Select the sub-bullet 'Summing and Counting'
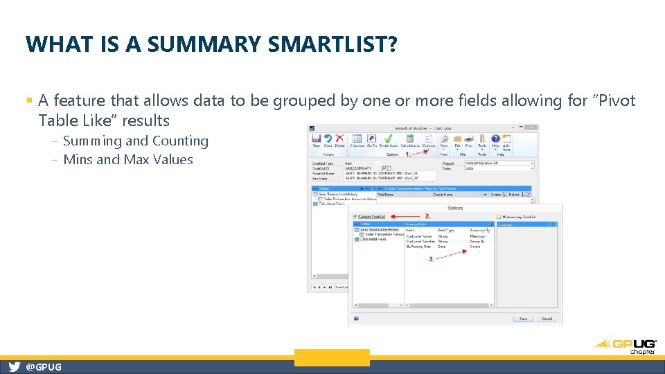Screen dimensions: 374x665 (135, 141)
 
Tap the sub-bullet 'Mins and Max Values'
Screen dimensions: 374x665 (127, 160)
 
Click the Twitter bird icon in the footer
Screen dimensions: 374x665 (14, 367)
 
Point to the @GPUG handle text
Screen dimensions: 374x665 (43, 367)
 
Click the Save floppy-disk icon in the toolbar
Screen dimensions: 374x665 (317, 139)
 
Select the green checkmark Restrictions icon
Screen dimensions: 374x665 (389, 139)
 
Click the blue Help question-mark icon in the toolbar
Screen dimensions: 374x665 (496, 139)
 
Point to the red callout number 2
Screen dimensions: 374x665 (428, 216)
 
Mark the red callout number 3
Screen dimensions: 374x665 (432, 258)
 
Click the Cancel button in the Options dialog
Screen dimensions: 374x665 (547, 319)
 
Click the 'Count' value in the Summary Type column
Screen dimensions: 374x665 (475, 247)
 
